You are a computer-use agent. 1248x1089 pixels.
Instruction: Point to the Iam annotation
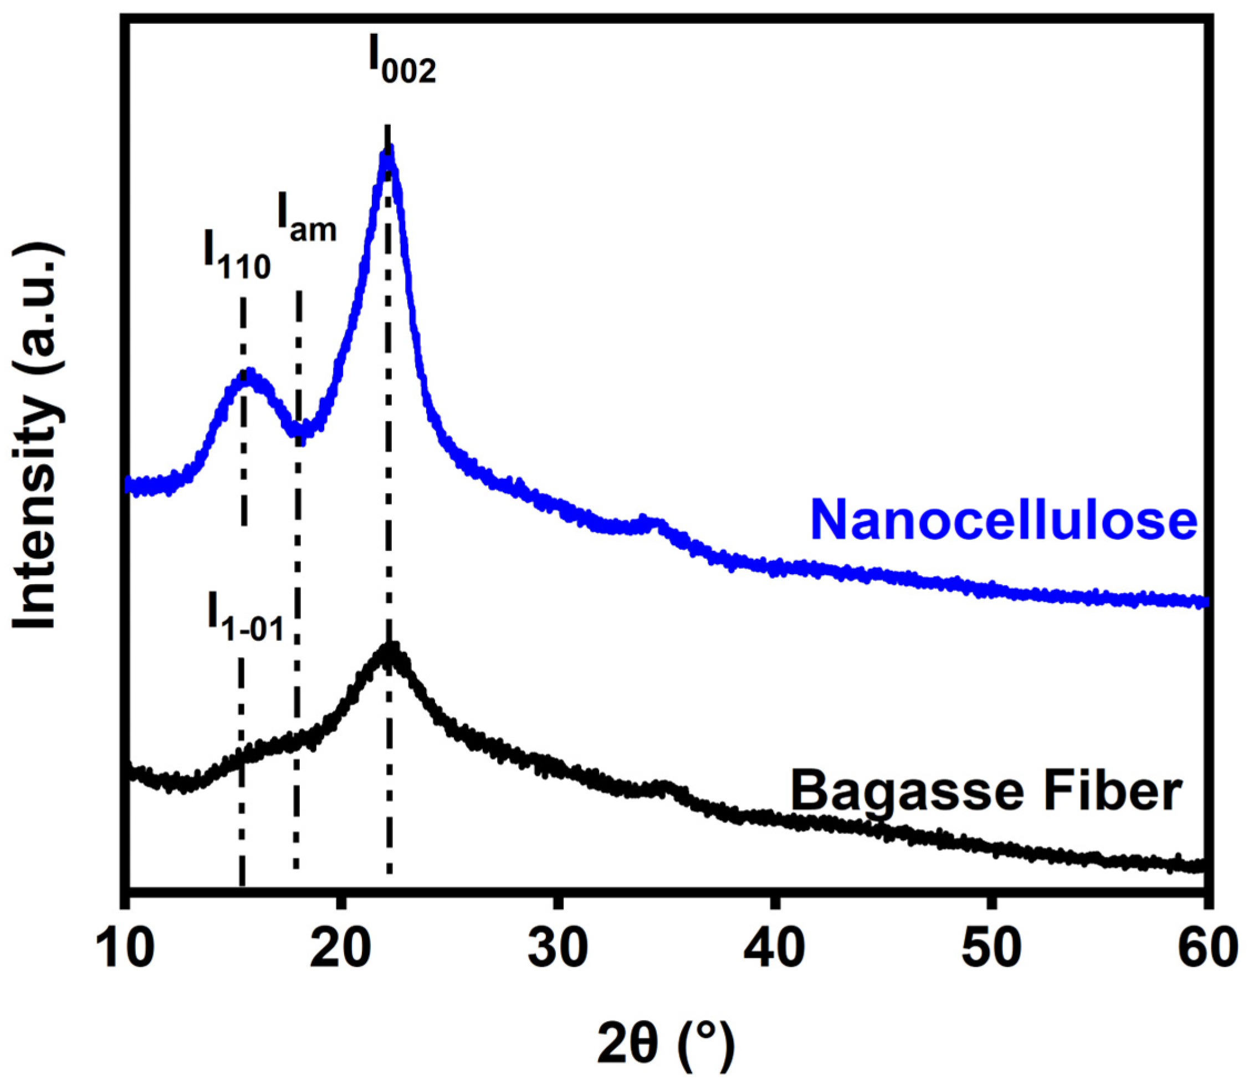coord(306,219)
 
